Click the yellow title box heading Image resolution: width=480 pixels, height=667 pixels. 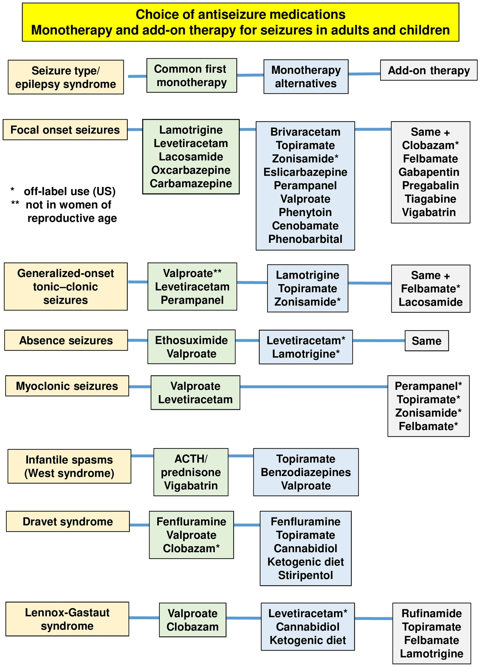[x=240, y=22]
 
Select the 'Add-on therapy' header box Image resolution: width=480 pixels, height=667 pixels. [x=428, y=70]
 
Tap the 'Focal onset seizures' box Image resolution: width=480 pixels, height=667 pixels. [x=65, y=130]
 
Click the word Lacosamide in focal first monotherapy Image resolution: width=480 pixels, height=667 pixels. [x=191, y=157]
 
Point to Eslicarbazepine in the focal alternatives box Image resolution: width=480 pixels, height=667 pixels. [x=305, y=172]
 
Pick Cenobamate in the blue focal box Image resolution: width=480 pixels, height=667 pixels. [x=305, y=226]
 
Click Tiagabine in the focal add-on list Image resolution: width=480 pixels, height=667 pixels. [x=430, y=199]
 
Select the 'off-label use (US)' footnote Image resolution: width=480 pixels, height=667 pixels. [x=69, y=191]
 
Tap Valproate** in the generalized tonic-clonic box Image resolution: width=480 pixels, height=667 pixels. [x=192, y=273]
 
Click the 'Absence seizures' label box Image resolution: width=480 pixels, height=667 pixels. [x=66, y=340]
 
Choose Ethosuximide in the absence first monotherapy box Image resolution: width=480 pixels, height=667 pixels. [x=191, y=340]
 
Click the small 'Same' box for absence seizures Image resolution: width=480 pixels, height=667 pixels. [x=427, y=341]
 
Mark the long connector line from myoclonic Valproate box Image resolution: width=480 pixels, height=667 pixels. [x=314, y=387]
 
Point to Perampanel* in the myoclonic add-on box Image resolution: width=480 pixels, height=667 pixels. [x=428, y=386]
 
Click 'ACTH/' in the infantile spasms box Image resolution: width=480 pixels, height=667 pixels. [x=191, y=459]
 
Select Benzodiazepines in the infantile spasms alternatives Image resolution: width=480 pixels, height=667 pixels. [x=305, y=472]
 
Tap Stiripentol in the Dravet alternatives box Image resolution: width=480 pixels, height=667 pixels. [x=305, y=575]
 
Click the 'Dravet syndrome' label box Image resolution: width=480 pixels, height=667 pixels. [x=68, y=521]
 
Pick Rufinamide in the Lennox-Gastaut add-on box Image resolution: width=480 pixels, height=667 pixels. [x=431, y=613]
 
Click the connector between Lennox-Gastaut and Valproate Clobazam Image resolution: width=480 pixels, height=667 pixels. [x=144, y=618]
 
